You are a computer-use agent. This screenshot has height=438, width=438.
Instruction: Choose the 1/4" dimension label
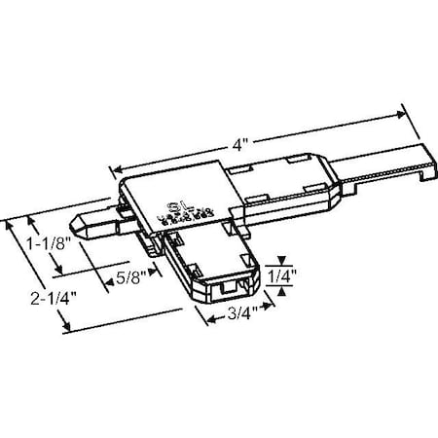point(279,274)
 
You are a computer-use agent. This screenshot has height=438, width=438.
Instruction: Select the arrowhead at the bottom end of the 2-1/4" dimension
point(65,330)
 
